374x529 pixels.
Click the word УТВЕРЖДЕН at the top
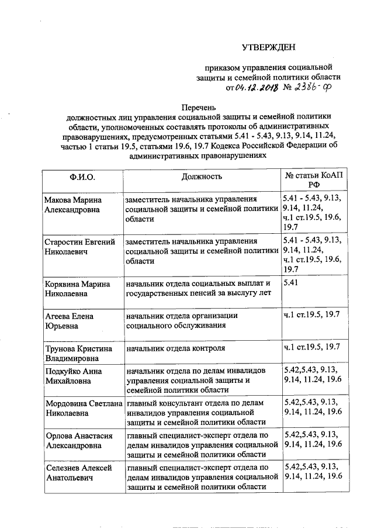click(x=269, y=47)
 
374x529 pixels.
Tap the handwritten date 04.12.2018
click(x=256, y=88)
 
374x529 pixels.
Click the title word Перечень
click(x=199, y=107)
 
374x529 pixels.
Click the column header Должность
click(x=201, y=176)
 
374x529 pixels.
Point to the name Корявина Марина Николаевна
click(x=78, y=289)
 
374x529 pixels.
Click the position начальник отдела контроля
click(x=176, y=348)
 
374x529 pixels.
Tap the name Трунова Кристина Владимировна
click(x=79, y=354)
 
